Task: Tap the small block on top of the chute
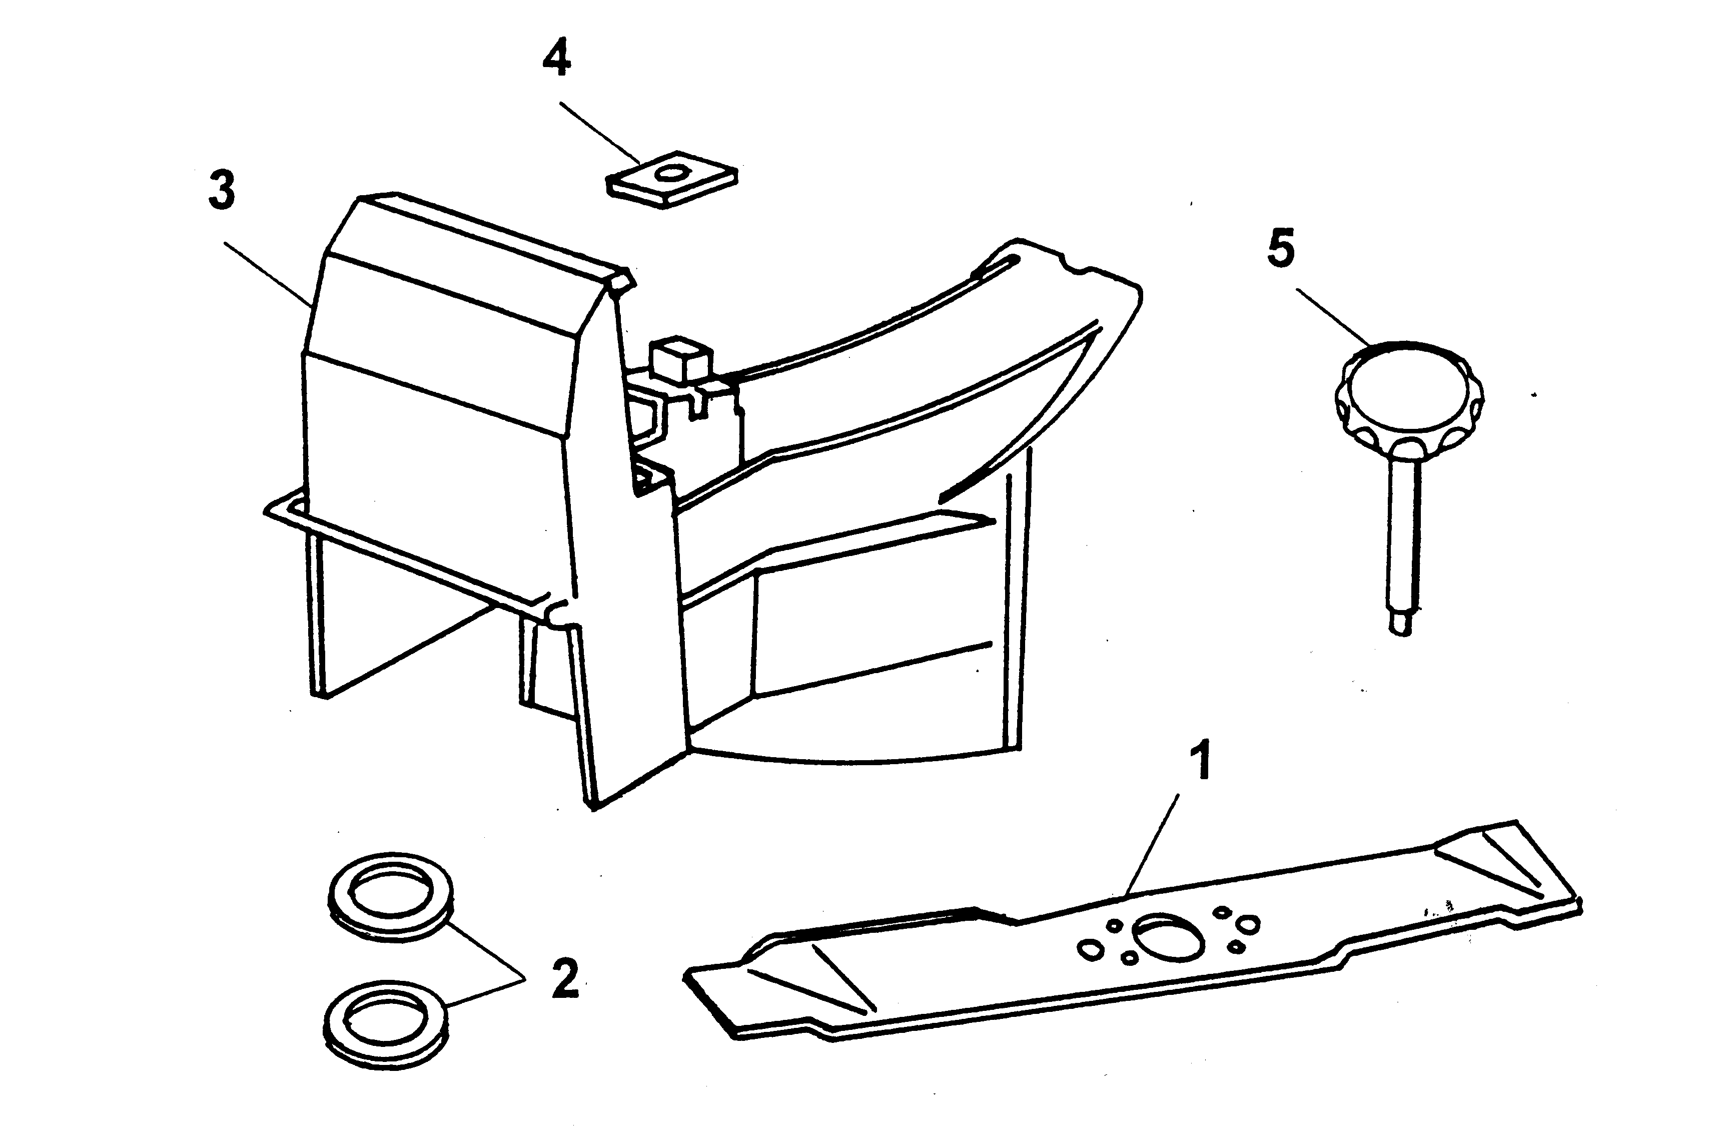682,359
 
